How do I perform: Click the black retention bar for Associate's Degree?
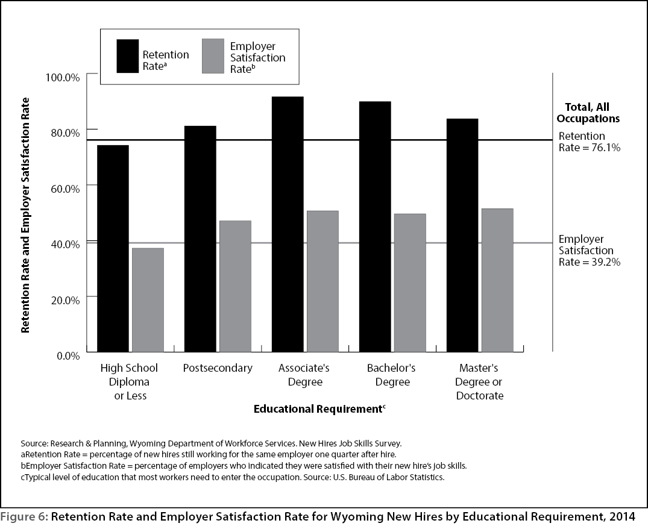pos(288,224)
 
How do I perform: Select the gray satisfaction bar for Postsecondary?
pos(235,287)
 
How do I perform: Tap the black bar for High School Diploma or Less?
pos(113,249)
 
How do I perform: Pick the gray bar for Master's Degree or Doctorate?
pos(497,280)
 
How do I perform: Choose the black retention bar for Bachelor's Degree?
pos(376,227)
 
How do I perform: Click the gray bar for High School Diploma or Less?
pos(148,300)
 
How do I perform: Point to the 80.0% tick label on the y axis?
pos(65,133)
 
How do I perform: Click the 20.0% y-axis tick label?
pos(65,300)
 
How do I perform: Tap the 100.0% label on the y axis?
pos(63,77)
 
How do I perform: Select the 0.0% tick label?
pos(68,356)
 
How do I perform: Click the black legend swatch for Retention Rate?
pos(128,56)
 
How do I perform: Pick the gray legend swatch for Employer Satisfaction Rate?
pos(213,56)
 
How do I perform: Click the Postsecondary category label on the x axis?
pos(218,368)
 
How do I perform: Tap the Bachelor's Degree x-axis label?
pos(391,375)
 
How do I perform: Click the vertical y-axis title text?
pos(26,215)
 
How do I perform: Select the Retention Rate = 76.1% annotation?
pos(590,142)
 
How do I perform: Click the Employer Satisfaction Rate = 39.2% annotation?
pos(590,251)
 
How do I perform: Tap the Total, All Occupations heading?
pos(588,113)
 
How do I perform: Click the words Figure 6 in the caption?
pos(24,517)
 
